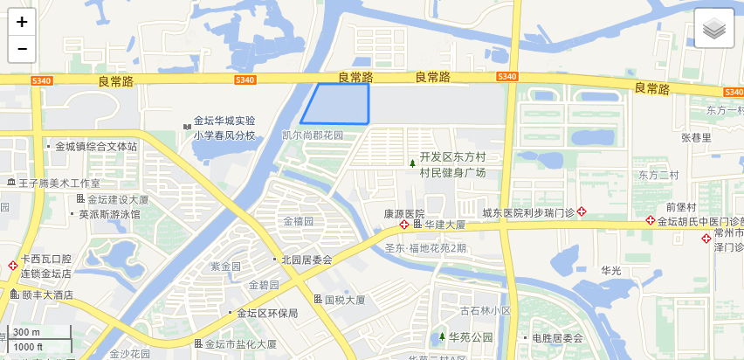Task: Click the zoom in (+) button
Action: point(22,22)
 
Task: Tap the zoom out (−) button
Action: point(22,49)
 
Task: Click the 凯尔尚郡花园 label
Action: point(313,136)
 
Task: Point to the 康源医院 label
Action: point(403,214)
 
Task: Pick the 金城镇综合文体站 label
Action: point(95,147)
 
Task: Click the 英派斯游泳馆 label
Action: point(109,214)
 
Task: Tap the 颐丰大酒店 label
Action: point(47,295)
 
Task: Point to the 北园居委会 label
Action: point(307,260)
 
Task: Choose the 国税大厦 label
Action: point(344,300)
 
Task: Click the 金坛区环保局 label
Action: point(268,313)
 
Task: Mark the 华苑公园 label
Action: point(471,337)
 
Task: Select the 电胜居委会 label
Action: point(556,337)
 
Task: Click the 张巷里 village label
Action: point(696,137)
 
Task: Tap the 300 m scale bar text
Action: point(26,332)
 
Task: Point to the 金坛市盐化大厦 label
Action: point(241,344)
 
